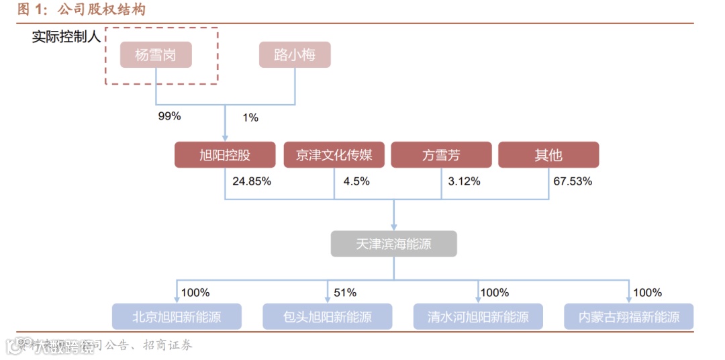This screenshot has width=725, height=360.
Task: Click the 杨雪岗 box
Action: click(x=156, y=55)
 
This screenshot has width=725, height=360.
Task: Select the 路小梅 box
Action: click(x=295, y=55)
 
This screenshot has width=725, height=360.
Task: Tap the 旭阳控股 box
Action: click(x=225, y=155)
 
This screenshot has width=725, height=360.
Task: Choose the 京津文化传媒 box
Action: click(x=334, y=155)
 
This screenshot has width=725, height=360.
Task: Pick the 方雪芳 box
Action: click(x=441, y=155)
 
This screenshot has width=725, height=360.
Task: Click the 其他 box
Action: click(x=548, y=155)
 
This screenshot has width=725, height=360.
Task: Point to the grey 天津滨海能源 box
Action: click(x=393, y=244)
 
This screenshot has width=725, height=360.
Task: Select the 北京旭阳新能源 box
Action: click(x=177, y=316)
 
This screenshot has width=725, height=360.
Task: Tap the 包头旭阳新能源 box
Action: click(x=327, y=316)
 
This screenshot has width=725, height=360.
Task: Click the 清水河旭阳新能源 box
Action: click(x=477, y=316)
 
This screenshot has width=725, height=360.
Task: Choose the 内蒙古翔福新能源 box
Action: click(x=629, y=316)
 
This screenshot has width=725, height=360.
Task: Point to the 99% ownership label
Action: click(x=169, y=116)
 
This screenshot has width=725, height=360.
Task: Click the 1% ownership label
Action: click(x=250, y=118)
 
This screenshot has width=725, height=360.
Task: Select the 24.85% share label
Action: click(x=252, y=181)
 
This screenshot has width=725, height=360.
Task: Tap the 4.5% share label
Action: click(x=356, y=181)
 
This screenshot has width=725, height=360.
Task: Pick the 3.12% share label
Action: click(x=464, y=181)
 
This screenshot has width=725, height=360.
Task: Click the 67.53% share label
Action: click(x=573, y=181)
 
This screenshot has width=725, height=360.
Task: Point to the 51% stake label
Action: click(x=345, y=293)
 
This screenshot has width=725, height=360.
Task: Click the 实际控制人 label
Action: click(x=66, y=37)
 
